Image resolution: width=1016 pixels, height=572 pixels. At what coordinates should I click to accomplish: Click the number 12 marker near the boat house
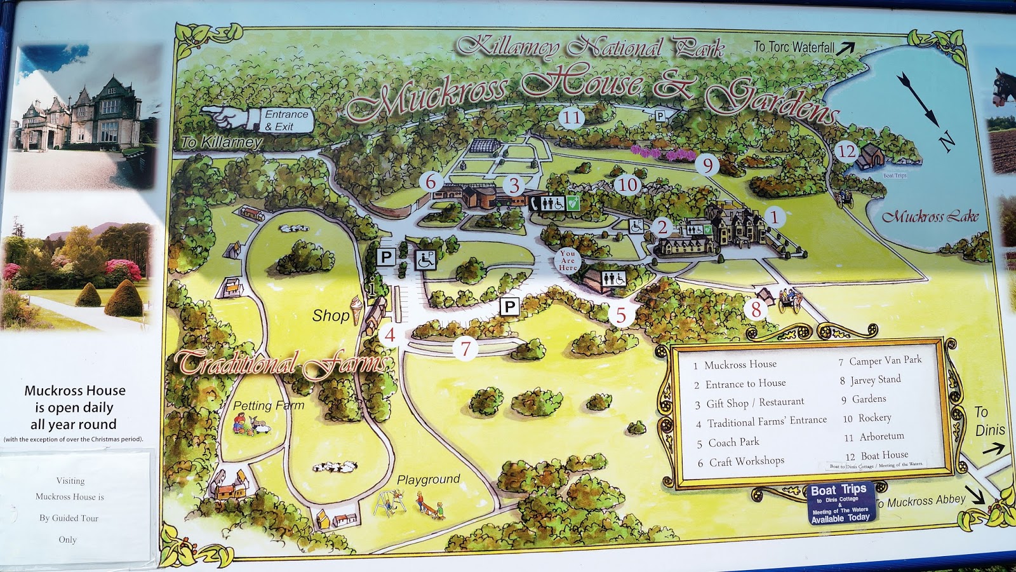(846, 151)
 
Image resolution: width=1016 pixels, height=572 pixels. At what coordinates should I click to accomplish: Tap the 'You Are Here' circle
(568, 261)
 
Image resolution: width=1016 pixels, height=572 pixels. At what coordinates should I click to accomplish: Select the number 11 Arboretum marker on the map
(571, 117)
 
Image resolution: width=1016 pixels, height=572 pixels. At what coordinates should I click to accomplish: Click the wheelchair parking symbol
(425, 258)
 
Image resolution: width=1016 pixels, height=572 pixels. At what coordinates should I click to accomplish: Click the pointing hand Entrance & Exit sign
(257, 119)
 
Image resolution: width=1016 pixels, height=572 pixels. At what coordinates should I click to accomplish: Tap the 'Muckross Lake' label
(930, 217)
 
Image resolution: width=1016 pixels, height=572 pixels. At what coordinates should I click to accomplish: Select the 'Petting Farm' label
(268, 405)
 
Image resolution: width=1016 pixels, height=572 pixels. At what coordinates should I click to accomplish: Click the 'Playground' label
(428, 479)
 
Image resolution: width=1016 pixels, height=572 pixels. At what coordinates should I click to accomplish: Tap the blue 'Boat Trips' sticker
(839, 503)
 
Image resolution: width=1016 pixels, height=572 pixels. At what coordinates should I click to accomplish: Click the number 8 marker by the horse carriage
(756, 310)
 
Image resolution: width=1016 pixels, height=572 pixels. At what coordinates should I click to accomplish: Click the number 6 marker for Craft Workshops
(431, 182)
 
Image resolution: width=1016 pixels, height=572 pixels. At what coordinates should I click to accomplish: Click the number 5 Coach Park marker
(621, 315)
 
